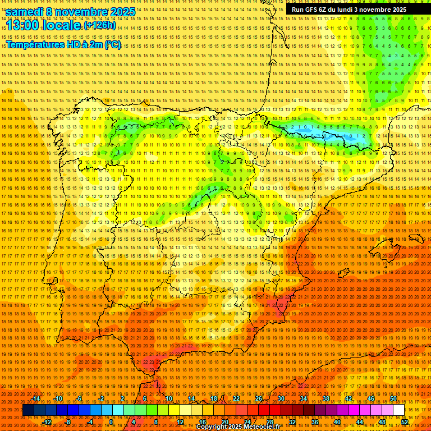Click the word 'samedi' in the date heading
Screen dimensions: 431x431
[x=25, y=12]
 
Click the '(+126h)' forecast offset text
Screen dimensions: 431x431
[x=99, y=26]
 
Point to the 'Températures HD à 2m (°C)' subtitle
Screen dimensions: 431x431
[x=63, y=44]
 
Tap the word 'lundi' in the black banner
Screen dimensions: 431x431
[x=354, y=10]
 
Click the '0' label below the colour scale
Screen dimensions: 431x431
[x=112, y=421]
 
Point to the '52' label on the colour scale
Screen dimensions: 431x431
[x=405, y=421]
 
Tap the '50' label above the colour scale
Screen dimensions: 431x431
[x=393, y=398]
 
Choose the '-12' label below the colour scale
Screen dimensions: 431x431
[x=47, y=421]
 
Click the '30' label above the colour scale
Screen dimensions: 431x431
[x=281, y=398]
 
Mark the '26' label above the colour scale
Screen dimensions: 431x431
[x=259, y=398]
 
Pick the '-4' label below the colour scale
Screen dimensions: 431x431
[x=90, y=421]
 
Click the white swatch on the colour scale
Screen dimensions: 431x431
[x=398, y=410]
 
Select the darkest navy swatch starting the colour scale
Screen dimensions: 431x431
[x=28, y=410]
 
